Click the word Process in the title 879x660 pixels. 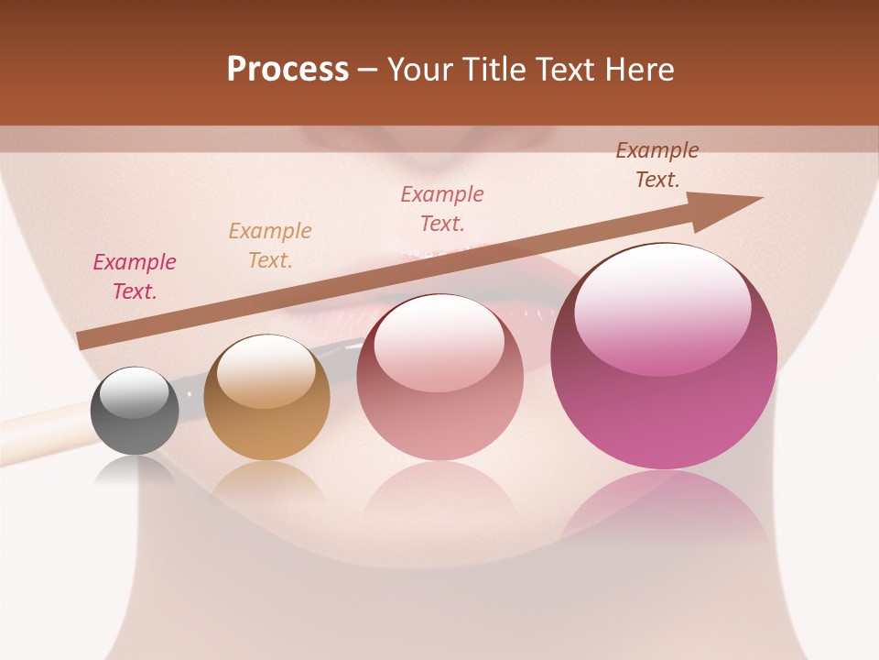288,70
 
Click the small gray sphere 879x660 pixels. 136,411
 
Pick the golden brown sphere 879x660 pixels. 266,398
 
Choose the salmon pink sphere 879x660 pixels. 439,378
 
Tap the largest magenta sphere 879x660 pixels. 664,357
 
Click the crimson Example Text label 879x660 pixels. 135,277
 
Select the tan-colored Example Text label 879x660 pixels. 270,246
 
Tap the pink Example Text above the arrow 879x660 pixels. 442,209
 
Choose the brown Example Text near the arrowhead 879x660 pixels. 657,165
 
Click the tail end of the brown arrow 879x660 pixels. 84,339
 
